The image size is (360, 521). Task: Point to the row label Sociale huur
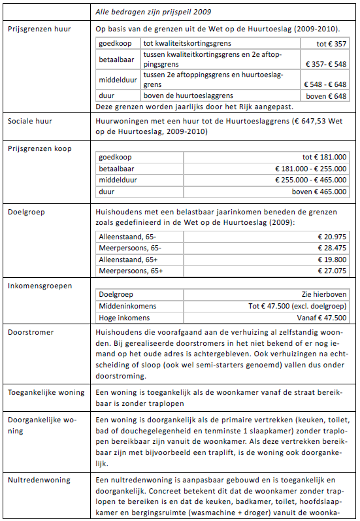pyautogui.click(x=29, y=122)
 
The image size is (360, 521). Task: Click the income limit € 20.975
pyautogui.click(x=333, y=236)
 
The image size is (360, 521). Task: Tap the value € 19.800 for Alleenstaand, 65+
pyautogui.click(x=333, y=259)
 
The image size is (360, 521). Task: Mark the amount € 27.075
pyautogui.click(x=333, y=271)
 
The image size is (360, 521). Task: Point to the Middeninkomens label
pyautogui.click(x=125, y=306)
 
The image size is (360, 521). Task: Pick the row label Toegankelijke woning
pyautogui.click(x=46, y=392)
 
